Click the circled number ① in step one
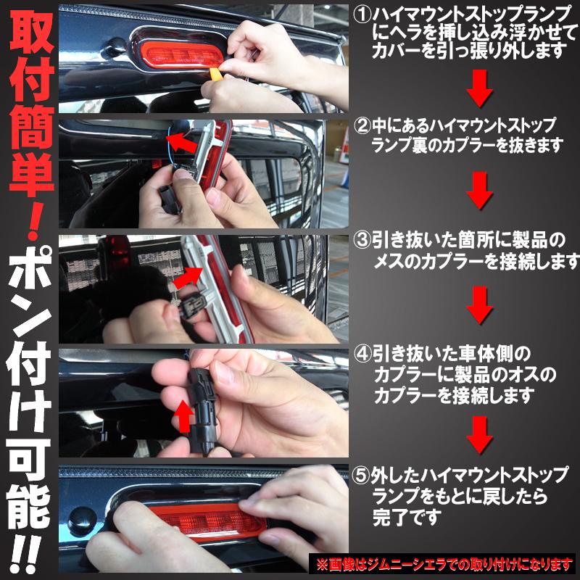[362, 14]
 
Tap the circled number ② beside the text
[362, 125]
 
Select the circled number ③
[362, 240]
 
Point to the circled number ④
[362, 355]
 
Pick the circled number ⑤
[362, 476]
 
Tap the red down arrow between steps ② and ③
[479, 190]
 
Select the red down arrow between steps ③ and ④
[479, 304]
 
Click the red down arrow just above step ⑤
[479, 434]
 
